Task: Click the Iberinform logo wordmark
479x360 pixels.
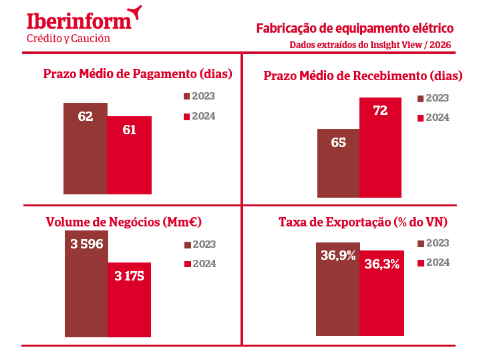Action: (x=79, y=20)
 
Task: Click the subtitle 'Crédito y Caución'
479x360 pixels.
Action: (x=68, y=39)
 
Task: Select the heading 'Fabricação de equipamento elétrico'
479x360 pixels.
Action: (x=355, y=28)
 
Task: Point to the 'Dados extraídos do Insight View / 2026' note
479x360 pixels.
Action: (x=370, y=45)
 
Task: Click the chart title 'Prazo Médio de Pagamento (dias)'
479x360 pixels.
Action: (x=137, y=73)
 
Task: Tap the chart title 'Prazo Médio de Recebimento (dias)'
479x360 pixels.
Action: (x=363, y=75)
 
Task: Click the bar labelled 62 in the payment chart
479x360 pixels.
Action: (x=86, y=148)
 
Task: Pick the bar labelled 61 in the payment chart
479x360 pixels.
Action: (x=130, y=155)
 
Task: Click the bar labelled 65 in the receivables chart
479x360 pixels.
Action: (x=338, y=163)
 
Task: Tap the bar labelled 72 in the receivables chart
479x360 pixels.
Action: (x=380, y=147)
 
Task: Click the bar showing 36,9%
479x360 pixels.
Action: (x=338, y=289)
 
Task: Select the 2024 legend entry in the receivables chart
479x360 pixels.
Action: (x=432, y=118)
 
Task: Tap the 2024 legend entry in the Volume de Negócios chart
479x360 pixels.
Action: (x=200, y=264)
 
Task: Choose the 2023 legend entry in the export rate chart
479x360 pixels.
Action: (x=432, y=243)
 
